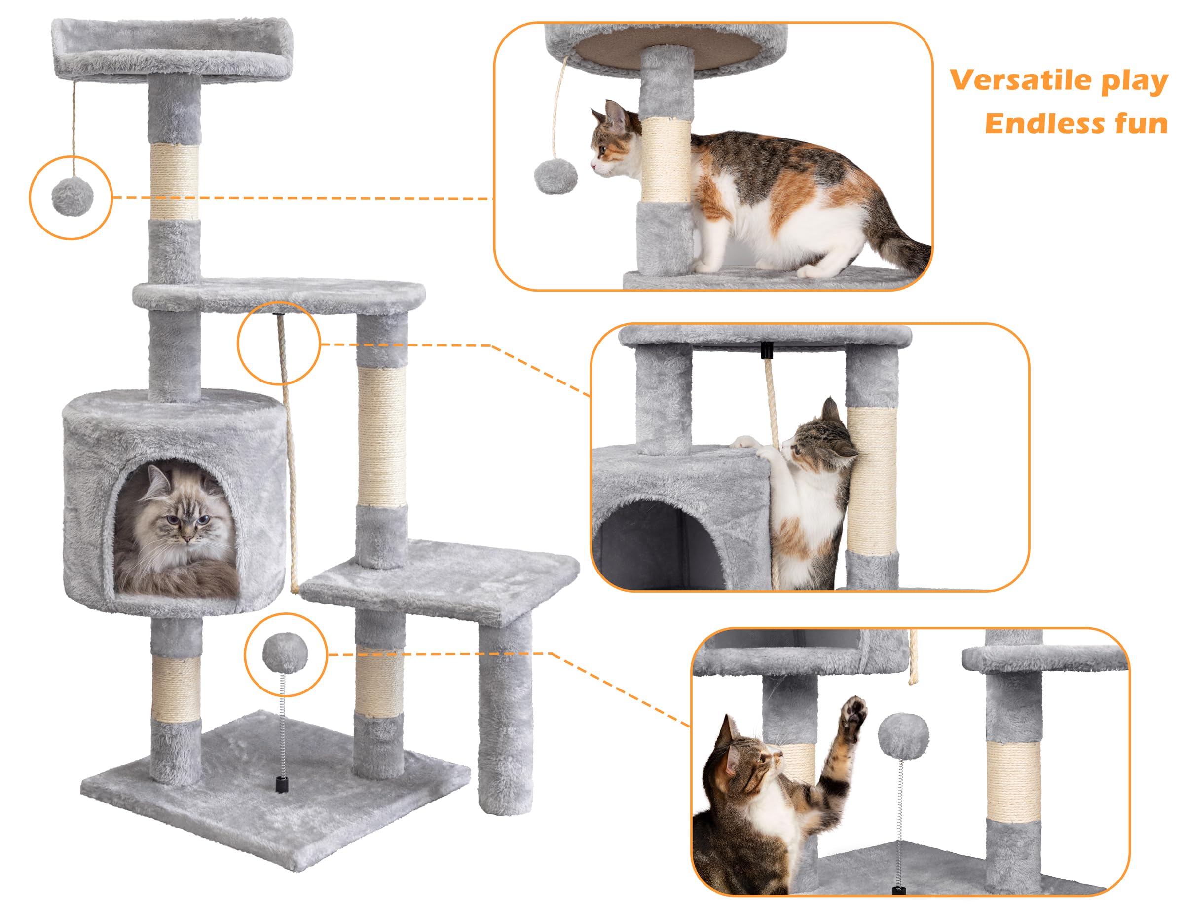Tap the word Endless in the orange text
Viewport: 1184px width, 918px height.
tap(1043, 123)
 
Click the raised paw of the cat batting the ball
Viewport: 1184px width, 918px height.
tap(851, 719)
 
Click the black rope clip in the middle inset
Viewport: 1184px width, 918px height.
tap(767, 351)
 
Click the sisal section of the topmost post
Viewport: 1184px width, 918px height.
tap(175, 181)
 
